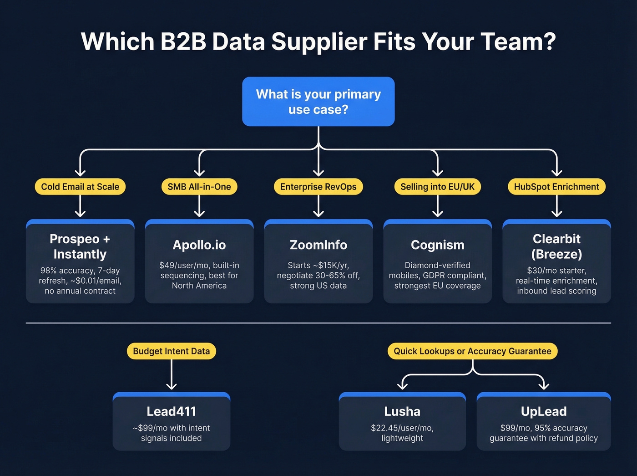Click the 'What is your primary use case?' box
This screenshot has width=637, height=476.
(318, 102)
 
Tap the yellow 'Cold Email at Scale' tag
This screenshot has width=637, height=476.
(80, 187)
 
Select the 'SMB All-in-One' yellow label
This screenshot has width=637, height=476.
(199, 187)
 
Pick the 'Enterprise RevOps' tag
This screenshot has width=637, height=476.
(318, 187)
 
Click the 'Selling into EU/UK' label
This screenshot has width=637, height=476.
(437, 187)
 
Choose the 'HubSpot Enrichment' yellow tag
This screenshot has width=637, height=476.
(556, 187)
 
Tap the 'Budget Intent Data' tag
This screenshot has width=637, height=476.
(171, 351)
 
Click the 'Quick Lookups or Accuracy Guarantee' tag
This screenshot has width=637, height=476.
(472, 351)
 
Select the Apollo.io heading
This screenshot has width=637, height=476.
(199, 245)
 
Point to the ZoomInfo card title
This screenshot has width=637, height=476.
(318, 245)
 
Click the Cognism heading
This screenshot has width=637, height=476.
(437, 245)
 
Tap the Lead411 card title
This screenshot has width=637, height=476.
(171, 411)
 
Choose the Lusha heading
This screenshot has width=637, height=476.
(402, 411)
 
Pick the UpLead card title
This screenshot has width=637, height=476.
(544, 411)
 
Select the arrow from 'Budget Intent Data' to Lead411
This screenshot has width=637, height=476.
(172, 375)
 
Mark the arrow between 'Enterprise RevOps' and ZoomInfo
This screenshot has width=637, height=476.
(318, 206)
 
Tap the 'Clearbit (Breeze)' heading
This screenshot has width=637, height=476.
(556, 246)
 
